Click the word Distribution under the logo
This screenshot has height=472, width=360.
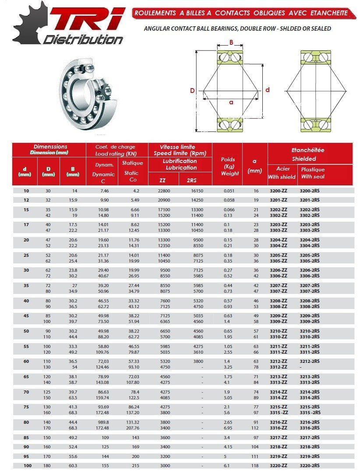[x=83, y=40]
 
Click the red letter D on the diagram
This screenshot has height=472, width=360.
[x=192, y=91]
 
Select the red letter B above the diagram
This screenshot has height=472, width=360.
[x=231, y=43]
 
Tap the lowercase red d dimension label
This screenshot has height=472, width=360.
[x=268, y=90]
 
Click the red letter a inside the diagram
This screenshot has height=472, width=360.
[x=231, y=102]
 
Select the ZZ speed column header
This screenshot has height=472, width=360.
[x=162, y=180]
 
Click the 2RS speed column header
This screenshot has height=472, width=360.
[x=192, y=180]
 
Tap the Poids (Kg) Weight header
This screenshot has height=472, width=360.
[x=229, y=166]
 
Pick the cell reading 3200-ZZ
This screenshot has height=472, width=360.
[x=278, y=191]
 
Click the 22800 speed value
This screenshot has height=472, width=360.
[x=164, y=191]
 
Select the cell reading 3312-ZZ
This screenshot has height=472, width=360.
[x=278, y=367]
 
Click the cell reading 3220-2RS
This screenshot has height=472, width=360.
[x=310, y=465]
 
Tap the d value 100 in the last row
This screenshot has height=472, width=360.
[x=28, y=465]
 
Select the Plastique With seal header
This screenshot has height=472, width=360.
[x=313, y=173]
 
